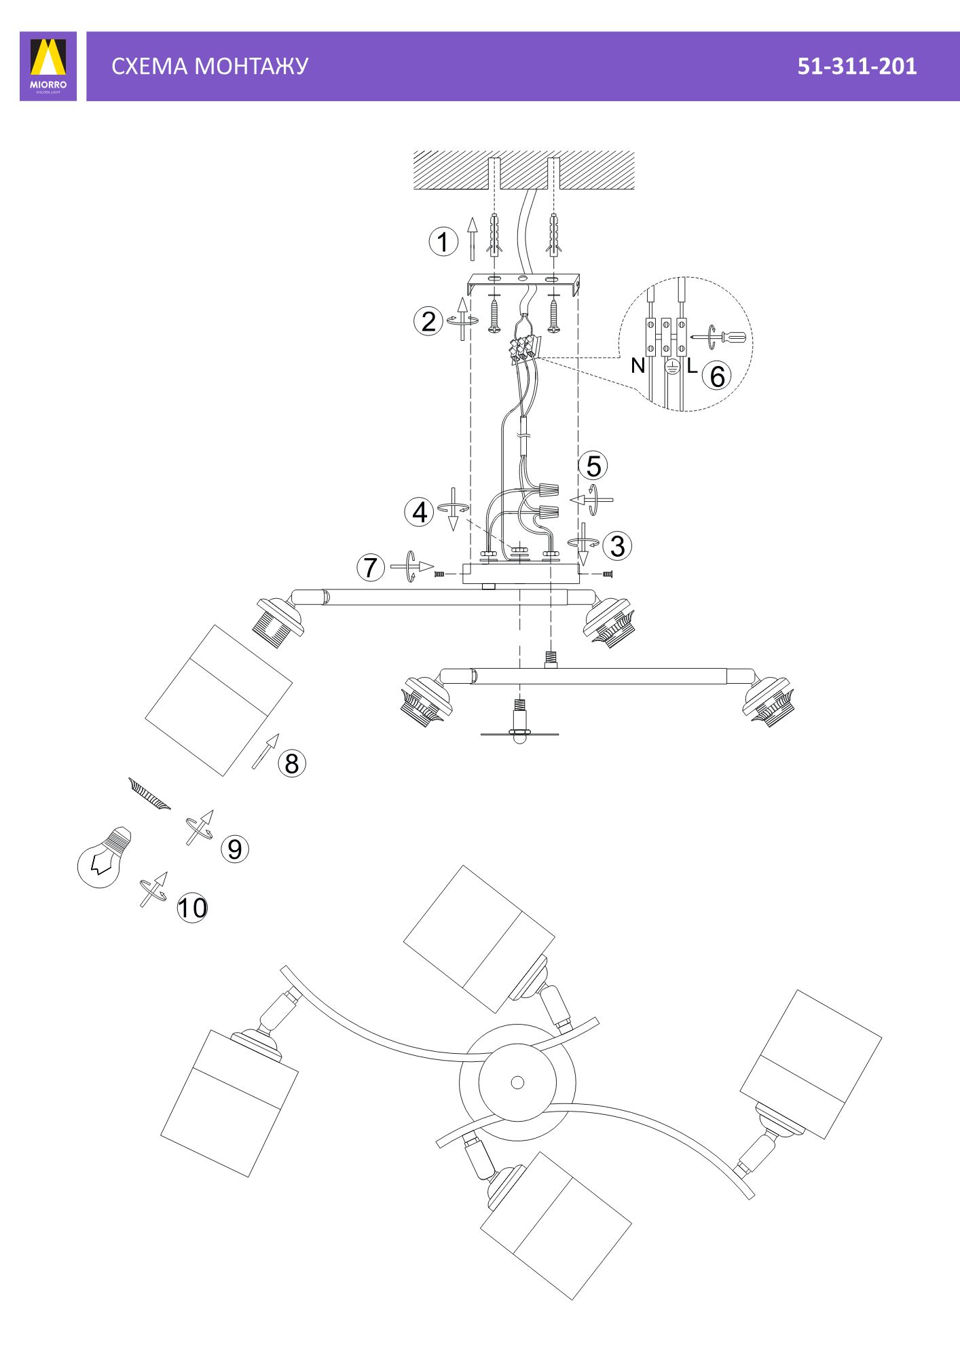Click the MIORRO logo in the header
tap(48, 66)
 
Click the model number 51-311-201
tap(857, 66)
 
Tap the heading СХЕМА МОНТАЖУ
tap(210, 66)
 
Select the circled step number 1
tap(443, 242)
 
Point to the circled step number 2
tap(428, 321)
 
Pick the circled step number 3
tap(617, 546)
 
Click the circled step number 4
tap(420, 512)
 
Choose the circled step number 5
tap(593, 466)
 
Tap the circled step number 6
tap(718, 375)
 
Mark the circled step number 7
tap(371, 567)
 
